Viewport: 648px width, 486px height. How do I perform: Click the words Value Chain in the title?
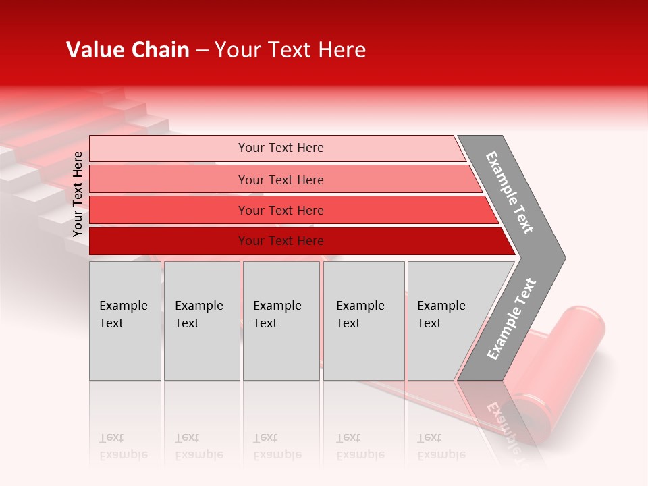[x=128, y=50]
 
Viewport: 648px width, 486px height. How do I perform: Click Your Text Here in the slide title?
[x=290, y=50]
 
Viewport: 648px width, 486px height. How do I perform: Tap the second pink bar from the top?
[x=281, y=180]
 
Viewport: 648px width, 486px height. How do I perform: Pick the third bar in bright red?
[x=281, y=210]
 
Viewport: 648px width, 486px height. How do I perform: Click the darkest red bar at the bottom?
[x=281, y=241]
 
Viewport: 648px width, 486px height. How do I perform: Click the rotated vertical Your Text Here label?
[x=78, y=194]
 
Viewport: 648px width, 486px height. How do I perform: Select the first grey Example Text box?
[x=125, y=321]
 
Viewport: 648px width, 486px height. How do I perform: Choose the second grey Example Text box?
[x=201, y=321]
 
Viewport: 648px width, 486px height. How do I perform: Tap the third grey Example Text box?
[x=281, y=321]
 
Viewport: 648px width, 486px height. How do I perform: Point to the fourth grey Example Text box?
[x=363, y=321]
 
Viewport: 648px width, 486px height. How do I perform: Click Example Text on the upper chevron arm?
[x=510, y=192]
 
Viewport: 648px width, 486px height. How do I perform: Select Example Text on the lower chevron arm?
[x=512, y=319]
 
